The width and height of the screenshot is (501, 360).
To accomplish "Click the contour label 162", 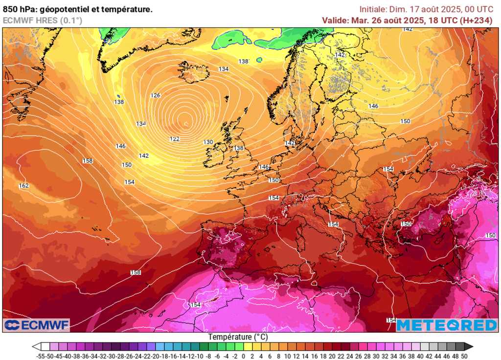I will (x=23, y=185).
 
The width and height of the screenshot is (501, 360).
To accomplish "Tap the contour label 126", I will (x=156, y=95).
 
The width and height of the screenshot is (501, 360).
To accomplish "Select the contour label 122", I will (x=175, y=139).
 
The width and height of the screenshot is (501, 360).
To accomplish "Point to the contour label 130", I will (x=208, y=142).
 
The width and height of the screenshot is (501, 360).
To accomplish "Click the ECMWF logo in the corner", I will (x=37, y=325).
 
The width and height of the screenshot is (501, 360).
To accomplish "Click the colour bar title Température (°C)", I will (x=238, y=337).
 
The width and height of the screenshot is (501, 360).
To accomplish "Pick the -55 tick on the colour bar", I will (x=41, y=356).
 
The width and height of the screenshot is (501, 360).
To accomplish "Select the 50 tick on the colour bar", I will (x=464, y=356).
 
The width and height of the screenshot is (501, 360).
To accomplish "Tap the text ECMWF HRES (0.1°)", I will (x=42, y=20).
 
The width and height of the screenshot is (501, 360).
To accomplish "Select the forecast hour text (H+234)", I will (x=477, y=20).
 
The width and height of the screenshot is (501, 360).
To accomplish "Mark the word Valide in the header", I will (x=335, y=20).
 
